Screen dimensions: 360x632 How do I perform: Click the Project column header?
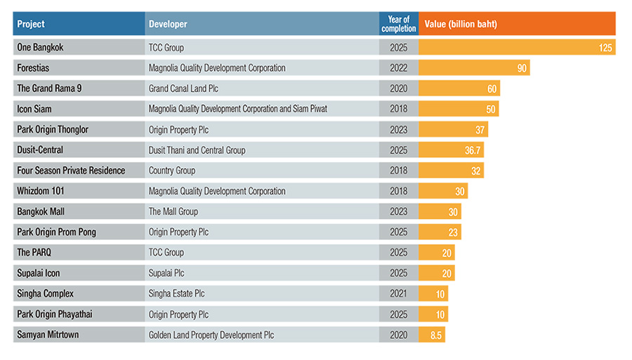point(31,24)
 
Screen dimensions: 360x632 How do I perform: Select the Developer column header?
point(168,24)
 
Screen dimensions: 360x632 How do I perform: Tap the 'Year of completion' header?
point(399,24)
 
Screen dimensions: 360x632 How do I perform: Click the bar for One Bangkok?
point(516,48)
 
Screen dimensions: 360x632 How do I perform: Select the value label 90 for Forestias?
point(520,68)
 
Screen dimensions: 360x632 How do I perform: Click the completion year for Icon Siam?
point(398,109)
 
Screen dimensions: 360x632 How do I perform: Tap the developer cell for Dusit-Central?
point(197,150)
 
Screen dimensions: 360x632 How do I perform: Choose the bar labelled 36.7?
point(451,150)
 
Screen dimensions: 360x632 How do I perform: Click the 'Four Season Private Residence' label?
point(71,171)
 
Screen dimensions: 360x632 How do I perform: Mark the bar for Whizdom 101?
point(443,191)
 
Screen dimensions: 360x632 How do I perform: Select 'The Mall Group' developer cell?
point(173,211)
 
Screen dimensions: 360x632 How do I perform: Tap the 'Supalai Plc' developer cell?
point(166,273)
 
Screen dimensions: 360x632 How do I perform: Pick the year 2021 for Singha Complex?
point(398,293)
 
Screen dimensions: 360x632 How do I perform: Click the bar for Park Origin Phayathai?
point(433,314)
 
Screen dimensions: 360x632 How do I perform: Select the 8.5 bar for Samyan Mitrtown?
point(432,335)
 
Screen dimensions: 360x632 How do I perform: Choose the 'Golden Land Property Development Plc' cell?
point(211,335)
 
